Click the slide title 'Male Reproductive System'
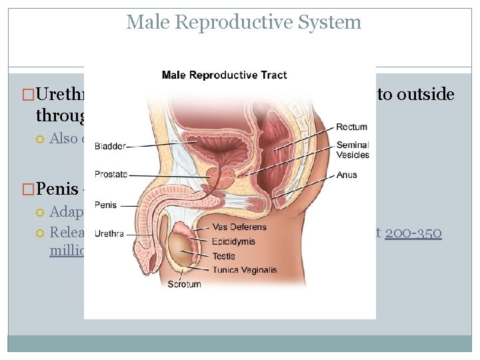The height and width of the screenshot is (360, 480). point(243,23)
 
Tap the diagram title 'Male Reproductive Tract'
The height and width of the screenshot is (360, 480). point(224,75)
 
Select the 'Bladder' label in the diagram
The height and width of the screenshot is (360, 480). point(109,146)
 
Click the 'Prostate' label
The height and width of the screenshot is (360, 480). point(111,175)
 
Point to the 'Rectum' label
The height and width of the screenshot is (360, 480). point(351,127)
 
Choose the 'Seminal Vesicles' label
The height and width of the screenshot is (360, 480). point(353,151)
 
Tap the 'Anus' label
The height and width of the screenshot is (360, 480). point(347,175)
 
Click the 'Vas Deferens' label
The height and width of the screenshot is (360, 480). point(239,227)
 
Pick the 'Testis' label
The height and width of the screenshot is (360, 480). point(223,256)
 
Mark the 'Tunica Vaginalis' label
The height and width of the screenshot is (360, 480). point(244,270)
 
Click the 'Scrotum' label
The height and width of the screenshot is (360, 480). point(184,284)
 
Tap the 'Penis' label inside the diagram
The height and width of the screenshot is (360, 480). point(105,205)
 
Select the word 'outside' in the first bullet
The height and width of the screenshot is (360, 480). point(424,95)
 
